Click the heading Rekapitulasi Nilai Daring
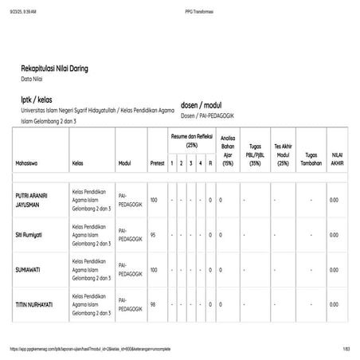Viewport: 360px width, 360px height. tap(65, 69)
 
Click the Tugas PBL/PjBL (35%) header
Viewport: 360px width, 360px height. tap(255, 155)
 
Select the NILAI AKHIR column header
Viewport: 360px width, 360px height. tap(336, 155)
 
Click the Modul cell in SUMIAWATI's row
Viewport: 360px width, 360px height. tap(127, 270)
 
